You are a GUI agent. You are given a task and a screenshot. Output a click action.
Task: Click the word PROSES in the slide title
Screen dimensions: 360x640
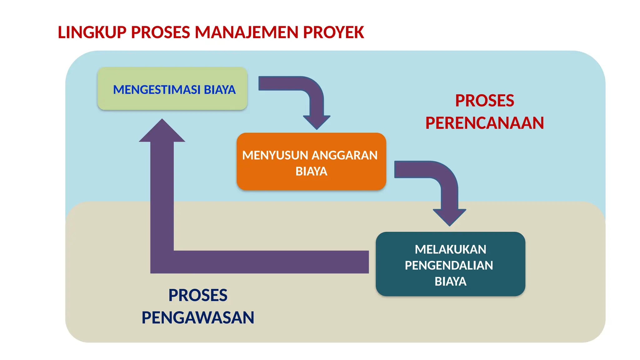160,32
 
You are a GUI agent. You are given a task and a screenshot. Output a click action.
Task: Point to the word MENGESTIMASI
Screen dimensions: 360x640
157,90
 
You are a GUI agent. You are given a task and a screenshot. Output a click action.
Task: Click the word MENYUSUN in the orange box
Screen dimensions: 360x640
275,155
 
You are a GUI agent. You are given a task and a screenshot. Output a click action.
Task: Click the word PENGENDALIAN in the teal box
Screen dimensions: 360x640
449,265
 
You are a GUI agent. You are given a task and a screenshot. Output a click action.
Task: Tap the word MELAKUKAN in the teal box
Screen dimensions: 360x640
450,249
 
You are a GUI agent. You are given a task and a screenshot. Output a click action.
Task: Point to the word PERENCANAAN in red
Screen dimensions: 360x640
484,123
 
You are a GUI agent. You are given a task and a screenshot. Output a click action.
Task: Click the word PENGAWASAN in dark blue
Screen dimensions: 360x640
198,317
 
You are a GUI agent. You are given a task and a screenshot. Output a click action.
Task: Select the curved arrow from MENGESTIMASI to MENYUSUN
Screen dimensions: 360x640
312,94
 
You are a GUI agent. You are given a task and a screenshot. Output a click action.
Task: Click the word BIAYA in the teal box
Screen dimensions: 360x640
450,282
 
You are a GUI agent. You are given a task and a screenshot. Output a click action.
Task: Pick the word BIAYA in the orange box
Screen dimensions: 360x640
311,171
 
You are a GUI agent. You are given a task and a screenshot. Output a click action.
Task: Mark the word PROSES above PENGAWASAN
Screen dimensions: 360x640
198,295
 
